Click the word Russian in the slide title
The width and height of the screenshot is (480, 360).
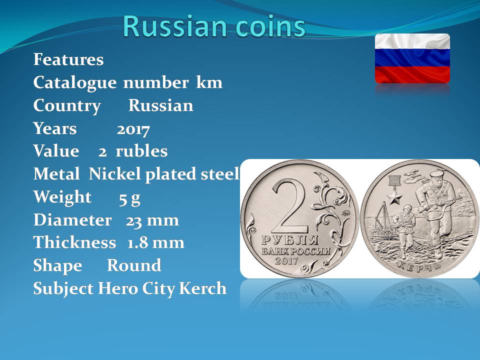click(x=175, y=26)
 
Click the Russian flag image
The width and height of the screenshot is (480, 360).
click(x=412, y=58)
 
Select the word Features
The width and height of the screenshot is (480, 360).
click(x=68, y=59)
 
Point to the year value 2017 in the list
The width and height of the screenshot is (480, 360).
click(x=133, y=129)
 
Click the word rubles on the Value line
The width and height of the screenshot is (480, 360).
click(x=141, y=151)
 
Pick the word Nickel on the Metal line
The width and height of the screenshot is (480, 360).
click(x=115, y=174)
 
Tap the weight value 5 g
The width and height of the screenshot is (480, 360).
click(x=129, y=198)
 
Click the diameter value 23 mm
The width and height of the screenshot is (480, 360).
click(x=152, y=220)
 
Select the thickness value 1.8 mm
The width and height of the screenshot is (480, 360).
click(x=156, y=243)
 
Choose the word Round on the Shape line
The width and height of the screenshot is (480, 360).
click(x=134, y=265)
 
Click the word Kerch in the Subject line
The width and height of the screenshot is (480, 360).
click(x=202, y=288)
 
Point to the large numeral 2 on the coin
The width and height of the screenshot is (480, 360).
click(x=290, y=207)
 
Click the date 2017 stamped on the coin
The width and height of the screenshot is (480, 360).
click(x=286, y=261)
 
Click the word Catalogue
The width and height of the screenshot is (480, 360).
click(x=74, y=82)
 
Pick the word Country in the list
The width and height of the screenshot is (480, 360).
click(x=66, y=106)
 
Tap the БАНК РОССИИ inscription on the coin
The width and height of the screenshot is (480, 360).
click(x=295, y=251)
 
